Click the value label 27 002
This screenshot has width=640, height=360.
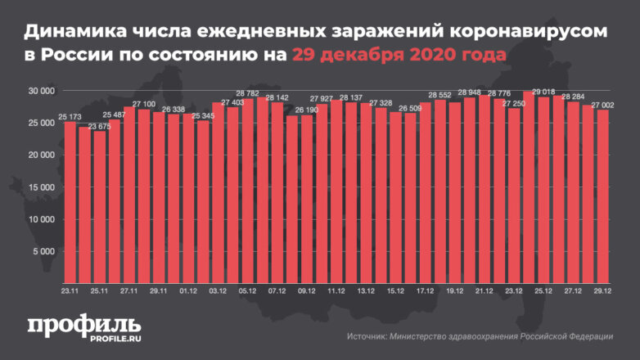[602, 104]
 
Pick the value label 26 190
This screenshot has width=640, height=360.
[306, 110]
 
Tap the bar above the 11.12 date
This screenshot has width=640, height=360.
[336, 196]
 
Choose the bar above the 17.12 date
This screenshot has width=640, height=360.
[425, 196]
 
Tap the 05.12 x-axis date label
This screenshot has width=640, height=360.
[247, 290]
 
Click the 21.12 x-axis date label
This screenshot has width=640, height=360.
[484, 290]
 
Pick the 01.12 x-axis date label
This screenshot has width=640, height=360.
[188, 290]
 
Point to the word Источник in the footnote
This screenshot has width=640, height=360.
[368, 337]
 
